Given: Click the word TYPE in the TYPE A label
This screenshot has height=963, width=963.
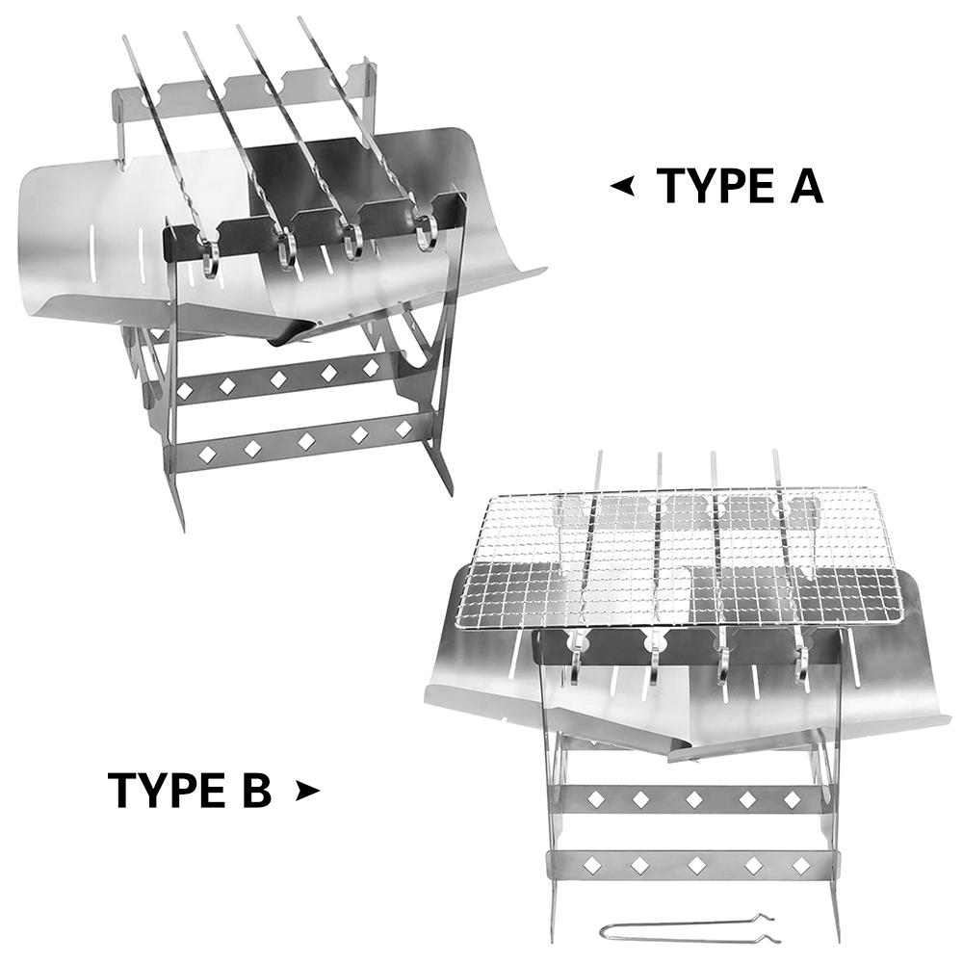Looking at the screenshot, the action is click(x=716, y=186).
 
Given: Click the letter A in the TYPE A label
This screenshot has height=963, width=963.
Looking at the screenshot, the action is click(x=805, y=186).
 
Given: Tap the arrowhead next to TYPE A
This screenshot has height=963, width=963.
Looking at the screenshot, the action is click(x=623, y=186).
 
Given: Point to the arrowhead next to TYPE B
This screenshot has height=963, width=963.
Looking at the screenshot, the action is click(x=307, y=791).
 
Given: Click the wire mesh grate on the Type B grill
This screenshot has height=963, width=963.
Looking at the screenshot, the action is click(x=669, y=559).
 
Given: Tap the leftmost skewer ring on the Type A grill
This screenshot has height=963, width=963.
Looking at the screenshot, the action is click(x=209, y=258).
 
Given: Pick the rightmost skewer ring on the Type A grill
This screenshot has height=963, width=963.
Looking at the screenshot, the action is click(x=425, y=230).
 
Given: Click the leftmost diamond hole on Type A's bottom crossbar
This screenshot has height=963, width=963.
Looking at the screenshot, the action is click(x=208, y=454).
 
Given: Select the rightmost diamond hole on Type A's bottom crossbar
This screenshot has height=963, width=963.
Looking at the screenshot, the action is click(x=403, y=429).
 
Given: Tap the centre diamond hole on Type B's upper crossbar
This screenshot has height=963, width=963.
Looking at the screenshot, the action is click(x=694, y=799).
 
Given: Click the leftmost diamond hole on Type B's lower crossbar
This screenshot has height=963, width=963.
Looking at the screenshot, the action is click(x=593, y=866).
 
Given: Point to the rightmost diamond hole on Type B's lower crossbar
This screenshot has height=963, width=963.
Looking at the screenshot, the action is click(x=801, y=866).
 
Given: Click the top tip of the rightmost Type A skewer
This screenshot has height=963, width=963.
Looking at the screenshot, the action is click(x=300, y=18).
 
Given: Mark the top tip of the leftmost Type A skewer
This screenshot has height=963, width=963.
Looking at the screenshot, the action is click(x=124, y=38).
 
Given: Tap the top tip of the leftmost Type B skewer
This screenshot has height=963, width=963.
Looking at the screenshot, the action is click(x=599, y=454).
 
